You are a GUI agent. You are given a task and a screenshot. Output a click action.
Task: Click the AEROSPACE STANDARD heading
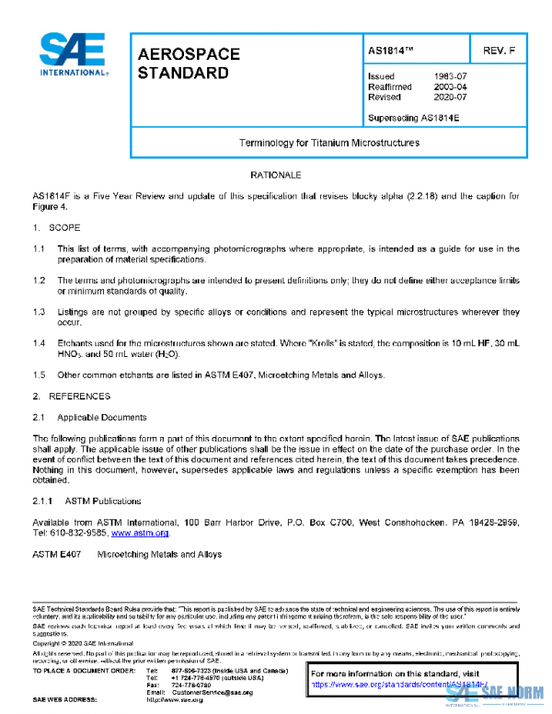point(189,63)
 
